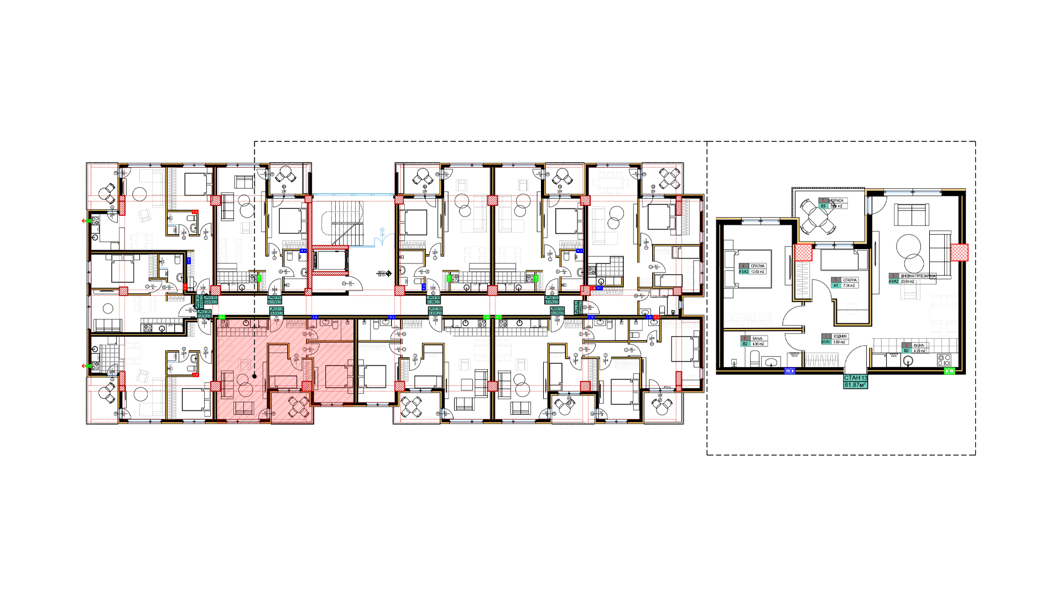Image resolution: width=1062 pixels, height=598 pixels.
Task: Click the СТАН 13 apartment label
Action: pos(855,378)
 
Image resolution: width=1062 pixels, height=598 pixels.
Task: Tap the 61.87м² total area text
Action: pos(855,385)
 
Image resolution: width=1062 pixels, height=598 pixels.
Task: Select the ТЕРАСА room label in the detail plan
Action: pos(836,200)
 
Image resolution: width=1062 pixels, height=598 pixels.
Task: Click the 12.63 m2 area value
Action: pos(757,272)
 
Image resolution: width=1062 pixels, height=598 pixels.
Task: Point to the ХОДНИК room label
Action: pos(840,336)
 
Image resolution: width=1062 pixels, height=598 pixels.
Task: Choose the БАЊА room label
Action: pos(757,338)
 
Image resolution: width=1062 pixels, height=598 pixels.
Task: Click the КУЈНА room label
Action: pos(918,345)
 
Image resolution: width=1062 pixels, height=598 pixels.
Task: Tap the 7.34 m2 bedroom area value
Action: pos(849,286)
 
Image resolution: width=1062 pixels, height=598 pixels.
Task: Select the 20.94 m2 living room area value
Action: pos(907,281)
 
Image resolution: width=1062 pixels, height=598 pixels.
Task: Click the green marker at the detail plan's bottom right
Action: pos(949,371)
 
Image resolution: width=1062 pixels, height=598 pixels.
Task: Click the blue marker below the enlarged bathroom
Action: pos(789,371)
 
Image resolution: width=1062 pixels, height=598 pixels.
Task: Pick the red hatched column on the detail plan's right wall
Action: pos(960,252)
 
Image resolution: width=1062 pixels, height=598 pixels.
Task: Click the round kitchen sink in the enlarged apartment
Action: pos(908,361)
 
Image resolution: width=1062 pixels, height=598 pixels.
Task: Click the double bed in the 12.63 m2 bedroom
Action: pos(752,270)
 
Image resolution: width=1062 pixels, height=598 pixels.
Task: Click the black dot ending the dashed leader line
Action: pos(254,377)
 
